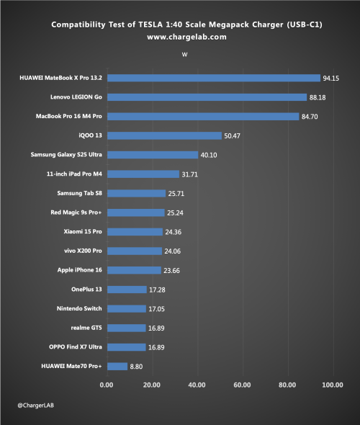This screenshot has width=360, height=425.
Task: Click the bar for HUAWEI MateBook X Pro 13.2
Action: coord(214,78)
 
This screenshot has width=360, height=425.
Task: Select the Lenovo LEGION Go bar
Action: coord(207,97)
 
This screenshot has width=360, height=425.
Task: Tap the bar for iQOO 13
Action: coord(164,136)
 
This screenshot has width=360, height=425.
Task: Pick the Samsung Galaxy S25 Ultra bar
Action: coord(153,155)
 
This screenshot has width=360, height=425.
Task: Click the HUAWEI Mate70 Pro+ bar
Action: coord(117,367)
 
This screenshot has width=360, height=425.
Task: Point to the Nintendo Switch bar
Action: coord(127,309)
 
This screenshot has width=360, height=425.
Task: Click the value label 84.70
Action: coord(310,117)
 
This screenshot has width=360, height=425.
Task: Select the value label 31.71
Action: coord(189,174)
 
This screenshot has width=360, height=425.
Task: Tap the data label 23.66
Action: coord(171,271)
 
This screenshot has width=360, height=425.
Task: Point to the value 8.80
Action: coord(136,367)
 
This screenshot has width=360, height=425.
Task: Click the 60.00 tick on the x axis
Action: coord(242,385)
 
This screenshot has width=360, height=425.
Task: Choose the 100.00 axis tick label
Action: coord(333,385)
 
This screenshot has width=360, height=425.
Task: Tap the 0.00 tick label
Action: coord(107,385)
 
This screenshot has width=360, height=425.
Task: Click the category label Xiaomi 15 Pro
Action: coord(83,231)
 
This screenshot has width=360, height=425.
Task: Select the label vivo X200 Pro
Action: coord(84,251)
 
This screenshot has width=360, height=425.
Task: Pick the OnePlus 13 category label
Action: coord(86,289)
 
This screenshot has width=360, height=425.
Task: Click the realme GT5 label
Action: coord(86,328)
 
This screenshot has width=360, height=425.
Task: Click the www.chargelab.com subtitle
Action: coord(187,37)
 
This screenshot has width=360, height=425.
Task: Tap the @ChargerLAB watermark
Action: coord(36,406)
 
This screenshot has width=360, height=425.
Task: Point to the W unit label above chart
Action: coord(184,55)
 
